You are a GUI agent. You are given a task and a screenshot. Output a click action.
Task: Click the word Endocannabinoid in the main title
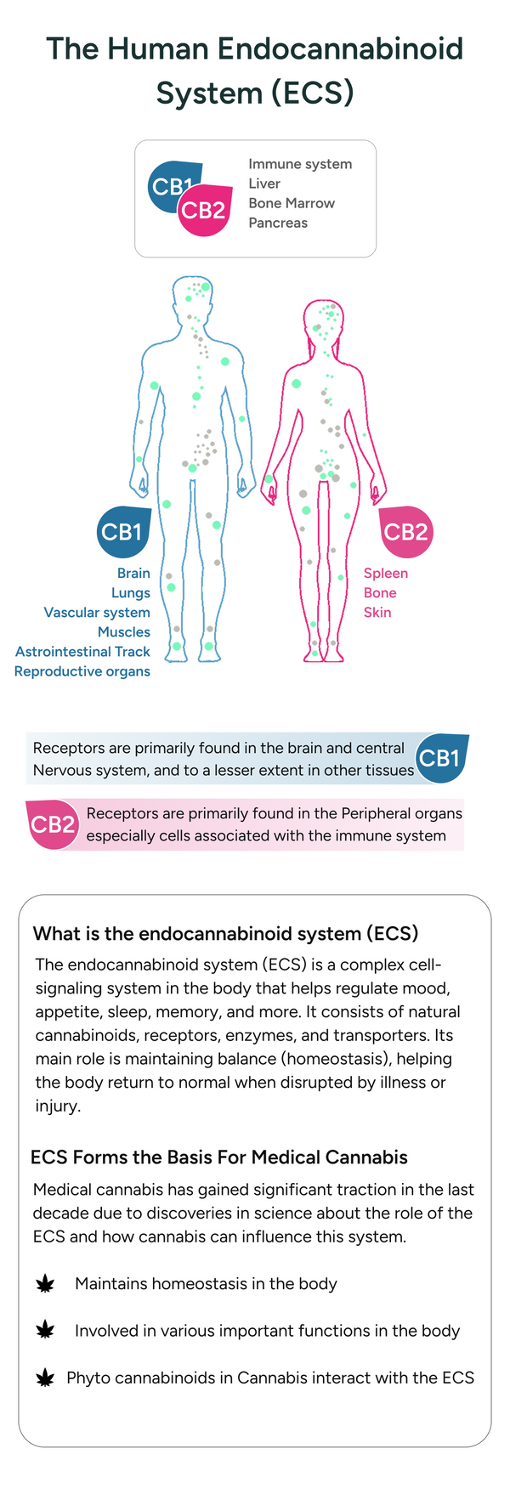tap(341, 48)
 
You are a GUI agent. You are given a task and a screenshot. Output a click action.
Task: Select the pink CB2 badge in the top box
tap(205, 210)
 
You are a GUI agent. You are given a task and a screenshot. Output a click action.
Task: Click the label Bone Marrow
tap(292, 203)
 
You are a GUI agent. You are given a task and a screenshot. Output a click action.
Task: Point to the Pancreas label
tap(278, 223)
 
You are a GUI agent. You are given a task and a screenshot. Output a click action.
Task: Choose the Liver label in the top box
tap(264, 184)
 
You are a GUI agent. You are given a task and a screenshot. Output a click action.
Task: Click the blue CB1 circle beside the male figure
tap(122, 532)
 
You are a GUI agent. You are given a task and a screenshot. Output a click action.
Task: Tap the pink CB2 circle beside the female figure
tap(405, 532)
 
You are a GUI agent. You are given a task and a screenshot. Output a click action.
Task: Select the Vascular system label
tap(97, 613)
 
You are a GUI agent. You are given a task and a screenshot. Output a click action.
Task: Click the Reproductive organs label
tap(82, 671)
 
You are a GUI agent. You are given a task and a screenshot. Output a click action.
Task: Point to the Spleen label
tap(386, 574)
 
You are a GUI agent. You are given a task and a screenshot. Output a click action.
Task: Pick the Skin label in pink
tap(377, 613)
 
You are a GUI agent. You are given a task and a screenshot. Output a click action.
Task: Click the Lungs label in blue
tap(131, 593)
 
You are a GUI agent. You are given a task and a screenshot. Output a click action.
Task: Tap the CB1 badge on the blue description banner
tap(440, 758)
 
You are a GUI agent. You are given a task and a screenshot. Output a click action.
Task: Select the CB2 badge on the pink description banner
tap(53, 824)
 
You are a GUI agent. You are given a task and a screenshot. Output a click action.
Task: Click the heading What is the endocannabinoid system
tap(225, 934)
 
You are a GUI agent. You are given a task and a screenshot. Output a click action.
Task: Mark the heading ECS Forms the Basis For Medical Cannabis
tap(219, 1157)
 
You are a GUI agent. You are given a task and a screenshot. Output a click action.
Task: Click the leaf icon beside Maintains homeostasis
tap(45, 1284)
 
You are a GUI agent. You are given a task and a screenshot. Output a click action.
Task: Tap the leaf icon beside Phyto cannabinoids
tap(45, 1378)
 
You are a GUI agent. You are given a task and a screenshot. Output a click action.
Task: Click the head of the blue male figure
tap(195, 297)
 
